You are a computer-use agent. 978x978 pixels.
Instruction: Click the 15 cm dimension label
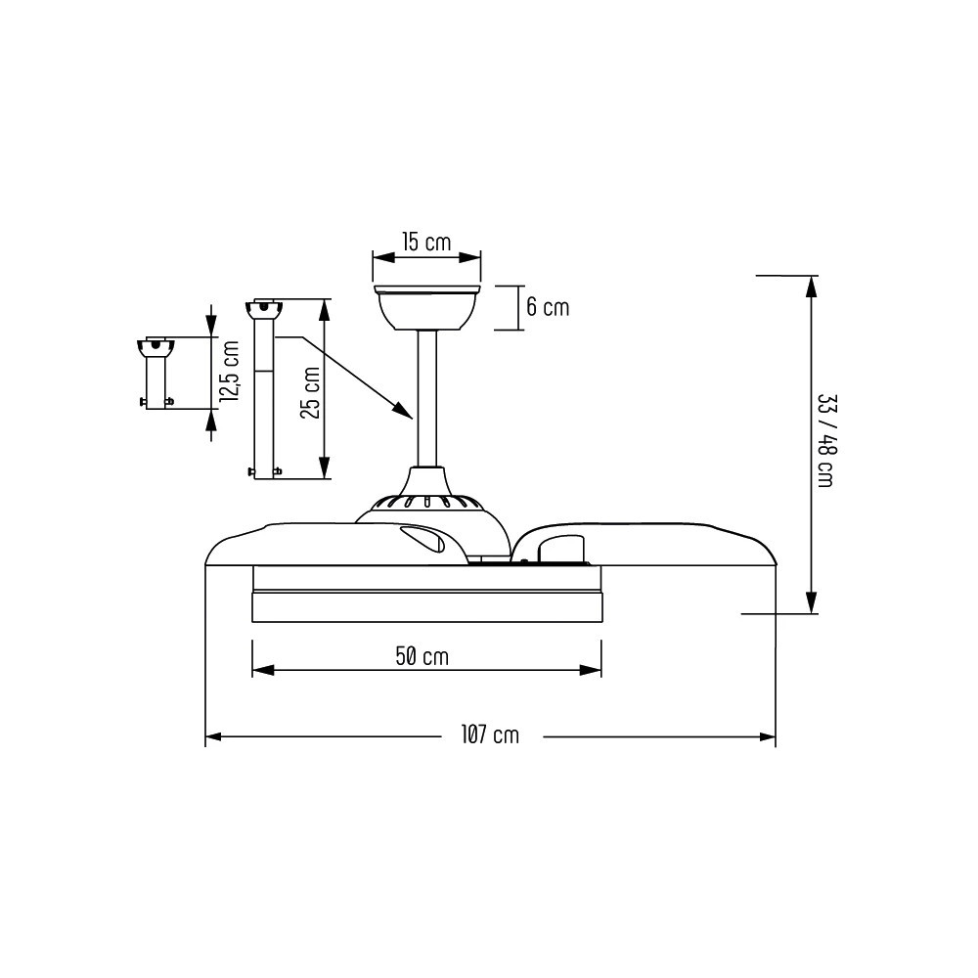(426, 242)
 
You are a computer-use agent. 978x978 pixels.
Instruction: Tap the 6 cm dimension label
(548, 307)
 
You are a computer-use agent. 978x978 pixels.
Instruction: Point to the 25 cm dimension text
(310, 392)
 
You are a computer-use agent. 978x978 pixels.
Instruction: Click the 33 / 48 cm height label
(825, 440)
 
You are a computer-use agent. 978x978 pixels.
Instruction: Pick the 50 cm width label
(422, 656)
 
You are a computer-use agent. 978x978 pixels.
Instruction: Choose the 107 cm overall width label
(490, 734)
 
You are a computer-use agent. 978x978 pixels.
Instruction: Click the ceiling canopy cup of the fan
(426, 307)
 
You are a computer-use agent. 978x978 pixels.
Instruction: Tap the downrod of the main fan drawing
(427, 399)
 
